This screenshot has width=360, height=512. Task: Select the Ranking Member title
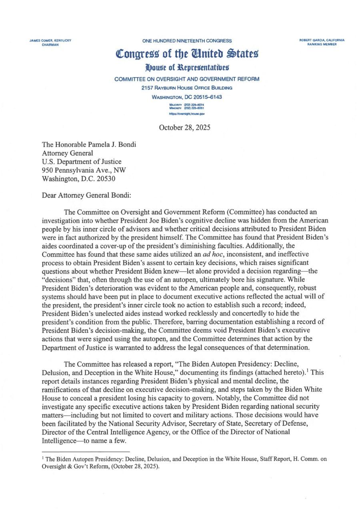pyautogui.click(x=322, y=44)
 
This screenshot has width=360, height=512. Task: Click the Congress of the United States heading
pyautogui.click(x=187, y=53)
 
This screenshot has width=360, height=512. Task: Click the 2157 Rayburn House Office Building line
pyautogui.click(x=187, y=88)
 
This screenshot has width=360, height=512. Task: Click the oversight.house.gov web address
pyautogui.click(x=187, y=114)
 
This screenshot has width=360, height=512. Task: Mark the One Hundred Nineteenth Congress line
pyautogui.click(x=187, y=41)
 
